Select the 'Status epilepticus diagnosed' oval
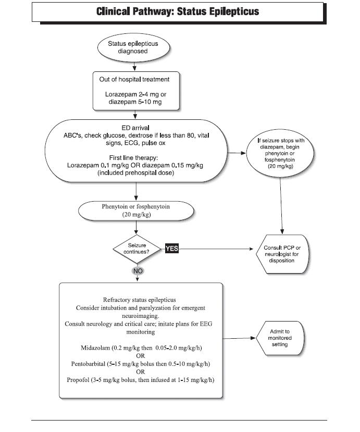[x=133, y=47]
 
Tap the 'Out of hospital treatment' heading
[x=134, y=79]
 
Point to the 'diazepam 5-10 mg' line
[x=135, y=102]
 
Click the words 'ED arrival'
[x=135, y=128]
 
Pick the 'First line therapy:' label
[x=133, y=158]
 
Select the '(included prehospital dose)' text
[x=136, y=172]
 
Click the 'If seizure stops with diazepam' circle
[x=280, y=153]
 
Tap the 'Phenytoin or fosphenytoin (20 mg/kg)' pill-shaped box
[x=136, y=211]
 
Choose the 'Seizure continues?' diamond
[x=137, y=249]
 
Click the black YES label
[x=172, y=249]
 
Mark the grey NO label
[x=138, y=271]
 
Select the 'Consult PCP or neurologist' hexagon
[x=282, y=254]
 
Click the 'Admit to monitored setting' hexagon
[x=280, y=338]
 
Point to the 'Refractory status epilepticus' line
[x=140, y=300]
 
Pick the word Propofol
[x=78, y=380]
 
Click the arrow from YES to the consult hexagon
[x=216, y=249]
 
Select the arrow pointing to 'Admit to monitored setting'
[x=239, y=338]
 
